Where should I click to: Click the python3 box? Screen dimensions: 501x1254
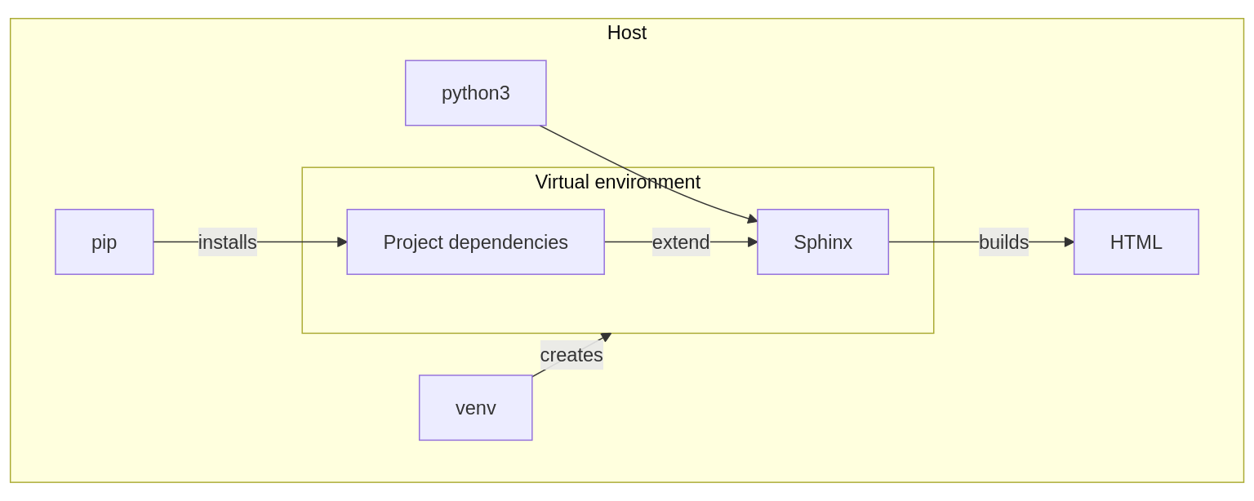(475, 93)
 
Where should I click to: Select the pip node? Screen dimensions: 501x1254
(104, 242)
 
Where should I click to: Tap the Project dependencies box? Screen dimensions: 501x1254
(475, 242)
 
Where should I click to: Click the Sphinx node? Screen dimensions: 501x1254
(822, 242)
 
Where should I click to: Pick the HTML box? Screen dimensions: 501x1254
(1136, 242)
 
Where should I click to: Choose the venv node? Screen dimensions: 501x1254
(475, 408)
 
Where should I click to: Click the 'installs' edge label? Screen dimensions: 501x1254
(227, 242)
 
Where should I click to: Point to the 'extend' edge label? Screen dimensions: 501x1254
(680, 242)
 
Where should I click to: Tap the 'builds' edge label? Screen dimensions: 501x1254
(1003, 242)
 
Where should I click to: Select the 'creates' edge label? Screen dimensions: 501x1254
(571, 355)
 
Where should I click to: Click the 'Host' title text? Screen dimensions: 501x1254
(626, 33)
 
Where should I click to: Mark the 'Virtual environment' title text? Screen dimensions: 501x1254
(617, 182)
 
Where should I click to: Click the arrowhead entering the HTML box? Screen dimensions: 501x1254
(1069, 242)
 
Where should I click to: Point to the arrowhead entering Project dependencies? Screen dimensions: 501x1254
(342, 242)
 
